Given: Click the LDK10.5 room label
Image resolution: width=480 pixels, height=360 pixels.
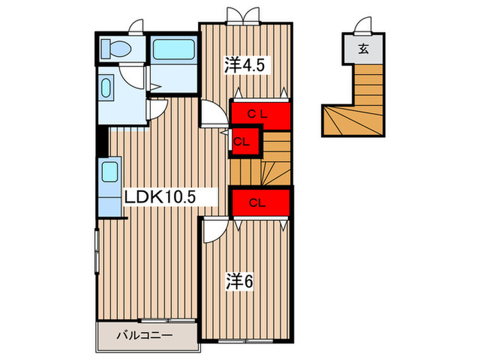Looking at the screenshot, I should (x=160, y=197).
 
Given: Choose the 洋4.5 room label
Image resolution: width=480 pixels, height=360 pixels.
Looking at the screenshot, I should (x=245, y=66).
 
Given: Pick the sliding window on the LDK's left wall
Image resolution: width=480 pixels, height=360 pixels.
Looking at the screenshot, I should (x=97, y=253).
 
